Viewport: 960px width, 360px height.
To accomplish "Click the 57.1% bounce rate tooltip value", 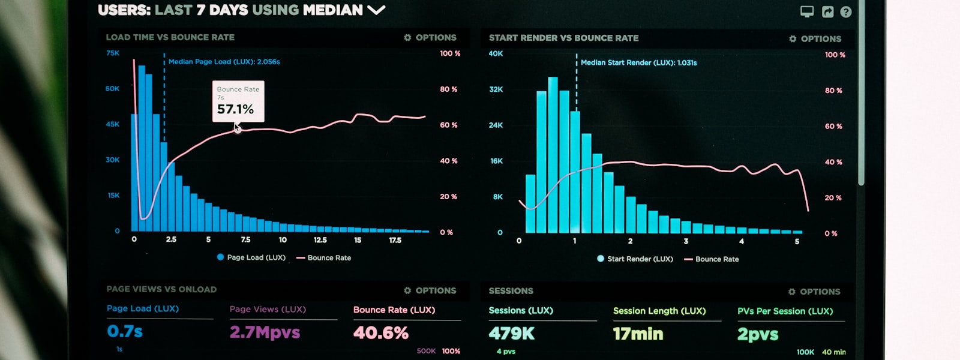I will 235,109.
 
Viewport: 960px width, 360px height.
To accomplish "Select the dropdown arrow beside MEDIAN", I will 376,10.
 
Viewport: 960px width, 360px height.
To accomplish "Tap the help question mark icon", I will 846,12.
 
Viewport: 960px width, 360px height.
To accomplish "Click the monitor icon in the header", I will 807,11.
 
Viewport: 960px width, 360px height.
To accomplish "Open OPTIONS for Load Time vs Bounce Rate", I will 430,37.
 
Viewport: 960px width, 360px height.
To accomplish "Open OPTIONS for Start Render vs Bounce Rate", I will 815,38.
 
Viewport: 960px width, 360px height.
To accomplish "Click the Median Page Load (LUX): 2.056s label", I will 224,62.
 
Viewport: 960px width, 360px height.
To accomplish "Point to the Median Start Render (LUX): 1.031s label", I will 638,62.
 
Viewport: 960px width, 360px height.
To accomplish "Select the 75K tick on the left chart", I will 113,53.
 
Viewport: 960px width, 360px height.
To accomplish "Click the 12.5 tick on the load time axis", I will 320,240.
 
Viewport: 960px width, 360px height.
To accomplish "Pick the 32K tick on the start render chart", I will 496,89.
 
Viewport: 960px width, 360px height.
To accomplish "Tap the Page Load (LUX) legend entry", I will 251,257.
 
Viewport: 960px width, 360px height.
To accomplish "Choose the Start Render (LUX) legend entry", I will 635,259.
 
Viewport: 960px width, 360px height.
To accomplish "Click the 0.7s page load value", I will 125,331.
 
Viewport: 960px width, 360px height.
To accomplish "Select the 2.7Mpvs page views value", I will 265,332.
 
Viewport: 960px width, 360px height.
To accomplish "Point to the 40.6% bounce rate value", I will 381,333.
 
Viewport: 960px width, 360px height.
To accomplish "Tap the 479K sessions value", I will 511,334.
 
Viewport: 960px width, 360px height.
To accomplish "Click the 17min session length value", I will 638,334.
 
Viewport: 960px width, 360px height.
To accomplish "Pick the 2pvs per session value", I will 758,334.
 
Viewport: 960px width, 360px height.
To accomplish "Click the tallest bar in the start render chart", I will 553,156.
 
